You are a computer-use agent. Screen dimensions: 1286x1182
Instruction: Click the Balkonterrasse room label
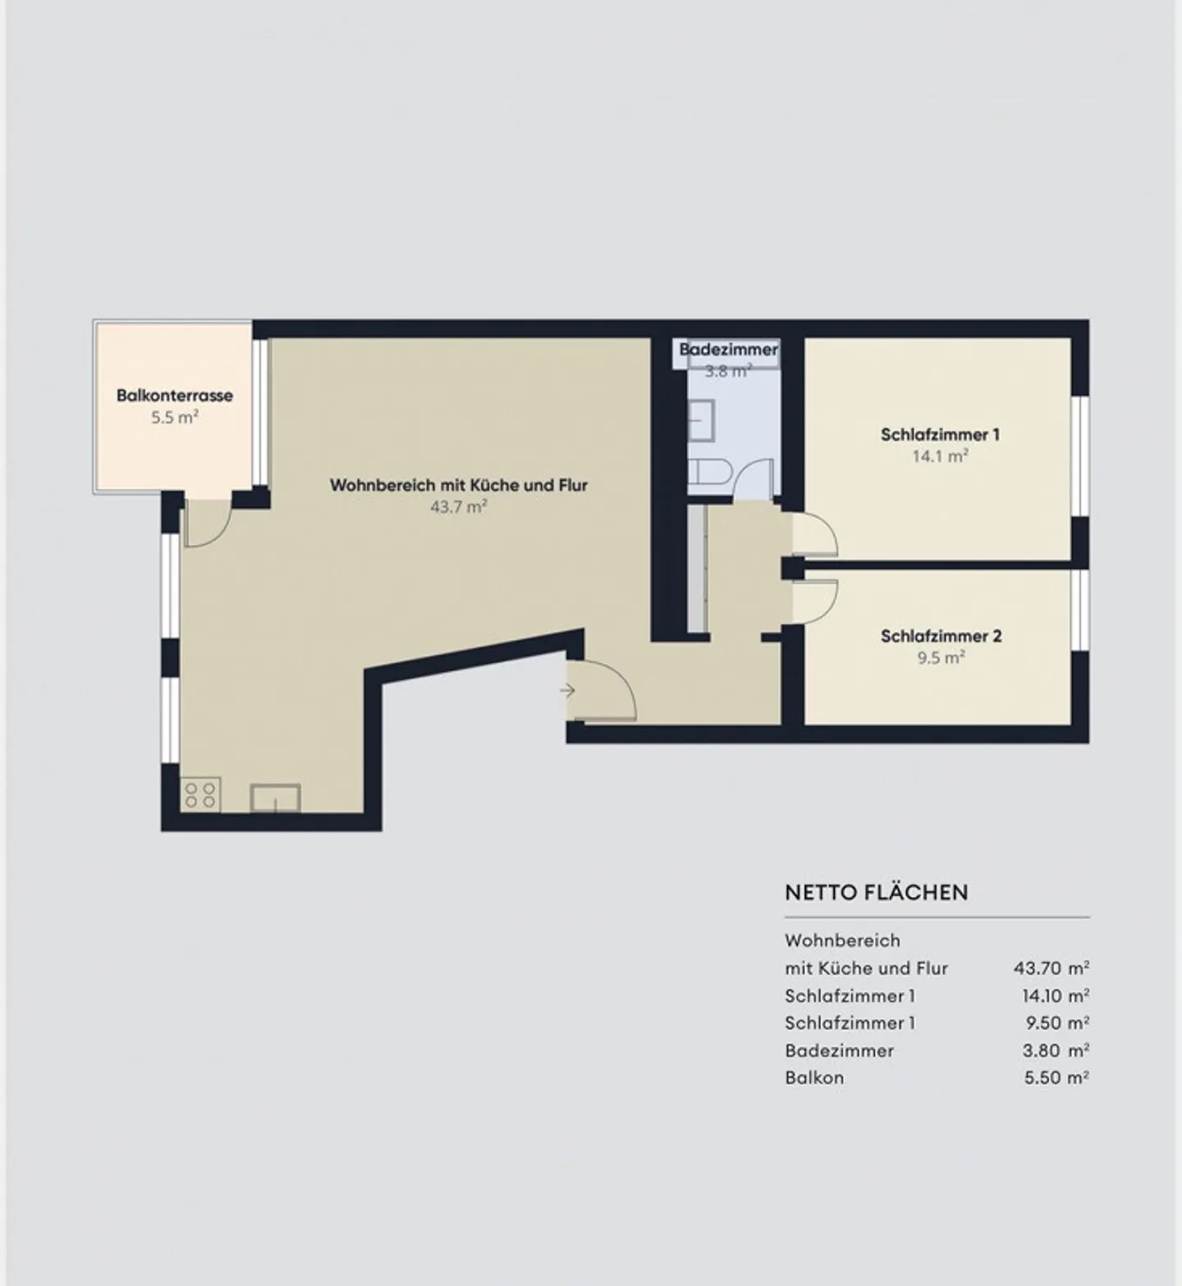tap(175, 396)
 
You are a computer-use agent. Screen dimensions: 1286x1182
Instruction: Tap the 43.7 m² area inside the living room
tap(459, 507)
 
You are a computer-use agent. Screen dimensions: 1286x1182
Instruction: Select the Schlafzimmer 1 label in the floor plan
tap(940, 435)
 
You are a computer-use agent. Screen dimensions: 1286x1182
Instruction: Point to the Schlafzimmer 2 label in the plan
tap(941, 636)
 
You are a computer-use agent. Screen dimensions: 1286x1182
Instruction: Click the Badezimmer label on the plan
tap(728, 350)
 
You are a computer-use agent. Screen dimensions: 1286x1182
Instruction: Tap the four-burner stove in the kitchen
tap(199, 794)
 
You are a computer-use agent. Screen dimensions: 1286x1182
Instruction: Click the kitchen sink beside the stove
tap(275, 798)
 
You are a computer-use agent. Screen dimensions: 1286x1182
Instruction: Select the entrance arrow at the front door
tap(567, 691)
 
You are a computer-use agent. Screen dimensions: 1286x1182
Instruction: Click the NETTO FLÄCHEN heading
tap(876, 892)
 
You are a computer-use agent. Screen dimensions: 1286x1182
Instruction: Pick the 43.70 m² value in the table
tap(1051, 968)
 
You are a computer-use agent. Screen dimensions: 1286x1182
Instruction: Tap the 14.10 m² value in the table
tap(1055, 996)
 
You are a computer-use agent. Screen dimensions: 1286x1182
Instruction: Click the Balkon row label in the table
tap(814, 1078)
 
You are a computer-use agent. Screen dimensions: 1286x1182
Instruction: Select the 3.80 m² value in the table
tap(1056, 1050)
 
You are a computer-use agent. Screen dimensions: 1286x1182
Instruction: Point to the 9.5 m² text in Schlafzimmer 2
tap(941, 658)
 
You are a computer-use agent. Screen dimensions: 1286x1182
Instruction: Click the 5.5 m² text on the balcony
tap(174, 418)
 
